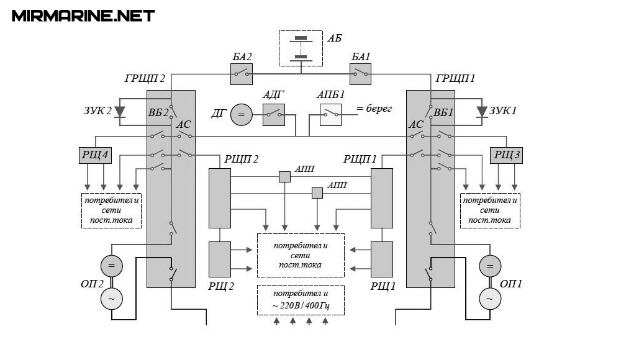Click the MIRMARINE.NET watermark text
[83, 16]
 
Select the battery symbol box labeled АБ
[301, 47]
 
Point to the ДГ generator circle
[242, 115]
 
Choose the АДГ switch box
[273, 115]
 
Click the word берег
[379, 109]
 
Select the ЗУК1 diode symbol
[482, 112]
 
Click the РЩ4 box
[94, 155]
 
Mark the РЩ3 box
[506, 155]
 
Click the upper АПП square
[284, 177]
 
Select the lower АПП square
[317, 193]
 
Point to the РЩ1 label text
[383, 286]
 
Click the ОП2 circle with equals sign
[112, 266]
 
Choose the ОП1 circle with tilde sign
[489, 299]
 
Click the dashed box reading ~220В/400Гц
[301, 300]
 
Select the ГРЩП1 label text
[456, 79]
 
